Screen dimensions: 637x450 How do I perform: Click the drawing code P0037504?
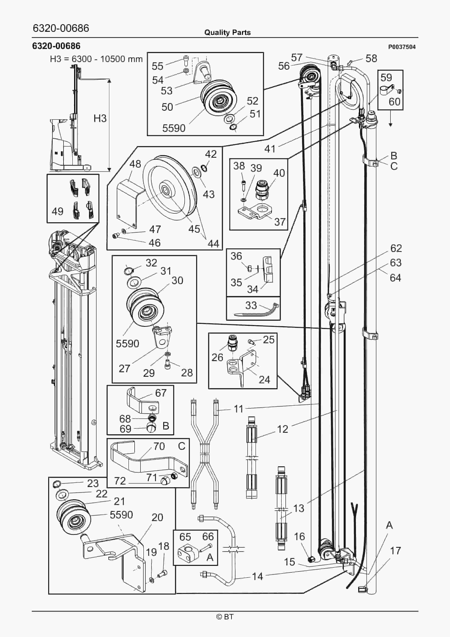click(402, 47)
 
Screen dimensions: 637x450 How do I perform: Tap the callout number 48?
click(135, 164)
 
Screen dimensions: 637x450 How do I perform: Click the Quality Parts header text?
click(227, 33)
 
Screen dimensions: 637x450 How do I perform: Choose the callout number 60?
click(394, 102)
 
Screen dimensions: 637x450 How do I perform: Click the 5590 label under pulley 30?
click(127, 343)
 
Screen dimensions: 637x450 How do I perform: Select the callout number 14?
click(257, 576)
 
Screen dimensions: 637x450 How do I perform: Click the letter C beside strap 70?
click(182, 446)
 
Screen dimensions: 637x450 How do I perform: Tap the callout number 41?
click(270, 149)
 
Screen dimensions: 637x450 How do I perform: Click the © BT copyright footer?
click(225, 617)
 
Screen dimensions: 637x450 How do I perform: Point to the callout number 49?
click(57, 211)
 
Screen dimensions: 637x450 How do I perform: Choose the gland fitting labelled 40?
click(262, 190)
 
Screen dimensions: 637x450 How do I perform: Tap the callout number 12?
click(282, 429)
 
